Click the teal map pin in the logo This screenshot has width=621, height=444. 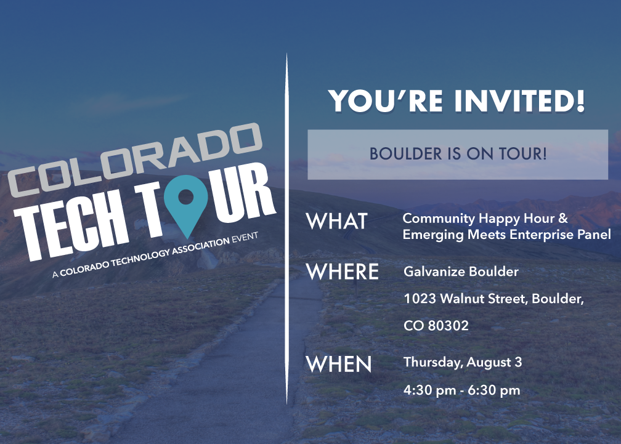click(185, 202)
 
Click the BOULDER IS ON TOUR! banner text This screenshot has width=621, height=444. click(458, 154)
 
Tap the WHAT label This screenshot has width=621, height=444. click(337, 221)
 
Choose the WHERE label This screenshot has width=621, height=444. click(343, 272)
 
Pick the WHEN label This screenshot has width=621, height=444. click(339, 364)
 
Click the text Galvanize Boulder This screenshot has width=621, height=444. click(461, 272)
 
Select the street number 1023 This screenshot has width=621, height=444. click(420, 299)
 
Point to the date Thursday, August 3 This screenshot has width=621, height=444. click(463, 363)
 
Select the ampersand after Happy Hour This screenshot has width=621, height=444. click(563, 218)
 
